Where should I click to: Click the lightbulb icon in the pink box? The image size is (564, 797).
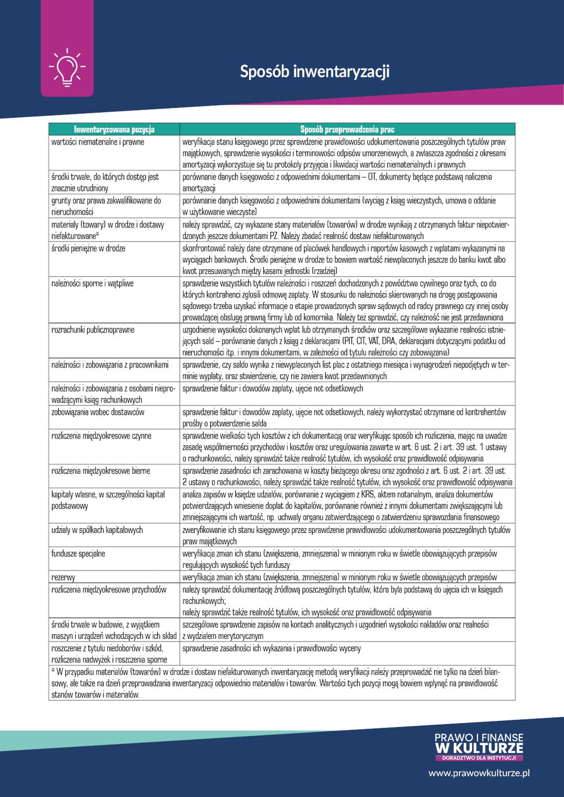pos(67,67)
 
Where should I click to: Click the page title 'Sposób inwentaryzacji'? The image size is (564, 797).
pos(314,72)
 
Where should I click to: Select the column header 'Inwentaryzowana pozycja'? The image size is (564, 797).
pos(114,129)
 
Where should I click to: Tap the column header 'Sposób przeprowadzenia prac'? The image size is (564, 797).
pos(347,129)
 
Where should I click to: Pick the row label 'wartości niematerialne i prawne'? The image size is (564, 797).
pos(98,142)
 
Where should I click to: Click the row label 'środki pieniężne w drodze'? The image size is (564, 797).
pos(88,248)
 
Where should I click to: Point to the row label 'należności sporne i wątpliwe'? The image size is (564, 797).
pos(92,283)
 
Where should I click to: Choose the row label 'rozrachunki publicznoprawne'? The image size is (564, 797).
pos(93,330)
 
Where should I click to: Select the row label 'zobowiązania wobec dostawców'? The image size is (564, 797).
pos(98,412)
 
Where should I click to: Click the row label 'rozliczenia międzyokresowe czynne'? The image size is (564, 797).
pos(101,436)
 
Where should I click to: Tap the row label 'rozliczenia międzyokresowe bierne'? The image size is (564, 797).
pos(101,471)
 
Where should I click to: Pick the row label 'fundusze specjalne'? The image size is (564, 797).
pos(78,554)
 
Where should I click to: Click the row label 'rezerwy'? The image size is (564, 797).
pos(63,577)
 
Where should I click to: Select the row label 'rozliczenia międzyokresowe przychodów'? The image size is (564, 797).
pos(109,590)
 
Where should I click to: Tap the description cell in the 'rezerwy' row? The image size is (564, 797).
pos(339,577)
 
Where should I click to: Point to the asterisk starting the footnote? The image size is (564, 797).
pos(53,671)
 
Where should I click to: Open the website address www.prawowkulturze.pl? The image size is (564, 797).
pos(479,773)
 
